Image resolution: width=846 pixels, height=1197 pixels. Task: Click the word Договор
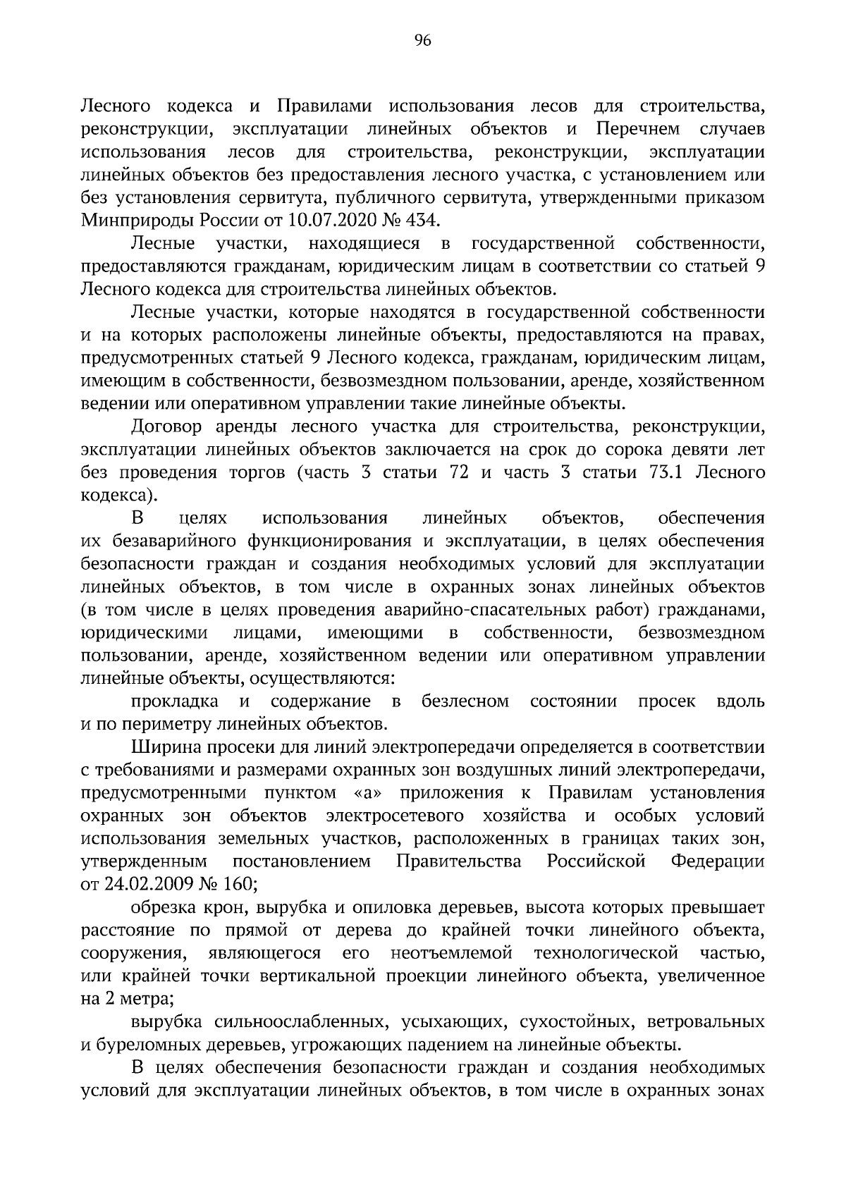166,427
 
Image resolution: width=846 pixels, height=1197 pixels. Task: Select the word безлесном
465,701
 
